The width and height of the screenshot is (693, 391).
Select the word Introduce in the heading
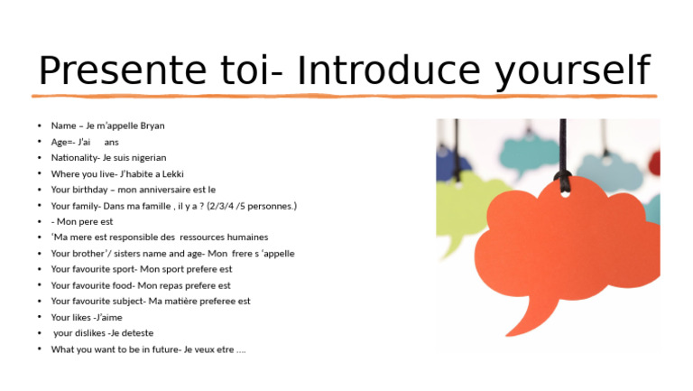tap(388, 71)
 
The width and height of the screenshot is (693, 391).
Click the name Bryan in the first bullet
tap(152, 126)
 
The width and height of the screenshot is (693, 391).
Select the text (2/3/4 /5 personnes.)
tap(252, 206)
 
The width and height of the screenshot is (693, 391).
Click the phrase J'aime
tap(107, 317)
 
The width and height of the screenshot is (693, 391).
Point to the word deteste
tap(136, 333)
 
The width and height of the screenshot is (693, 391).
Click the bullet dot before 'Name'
tap(39, 126)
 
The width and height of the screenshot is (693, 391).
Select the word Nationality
tap(75, 157)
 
